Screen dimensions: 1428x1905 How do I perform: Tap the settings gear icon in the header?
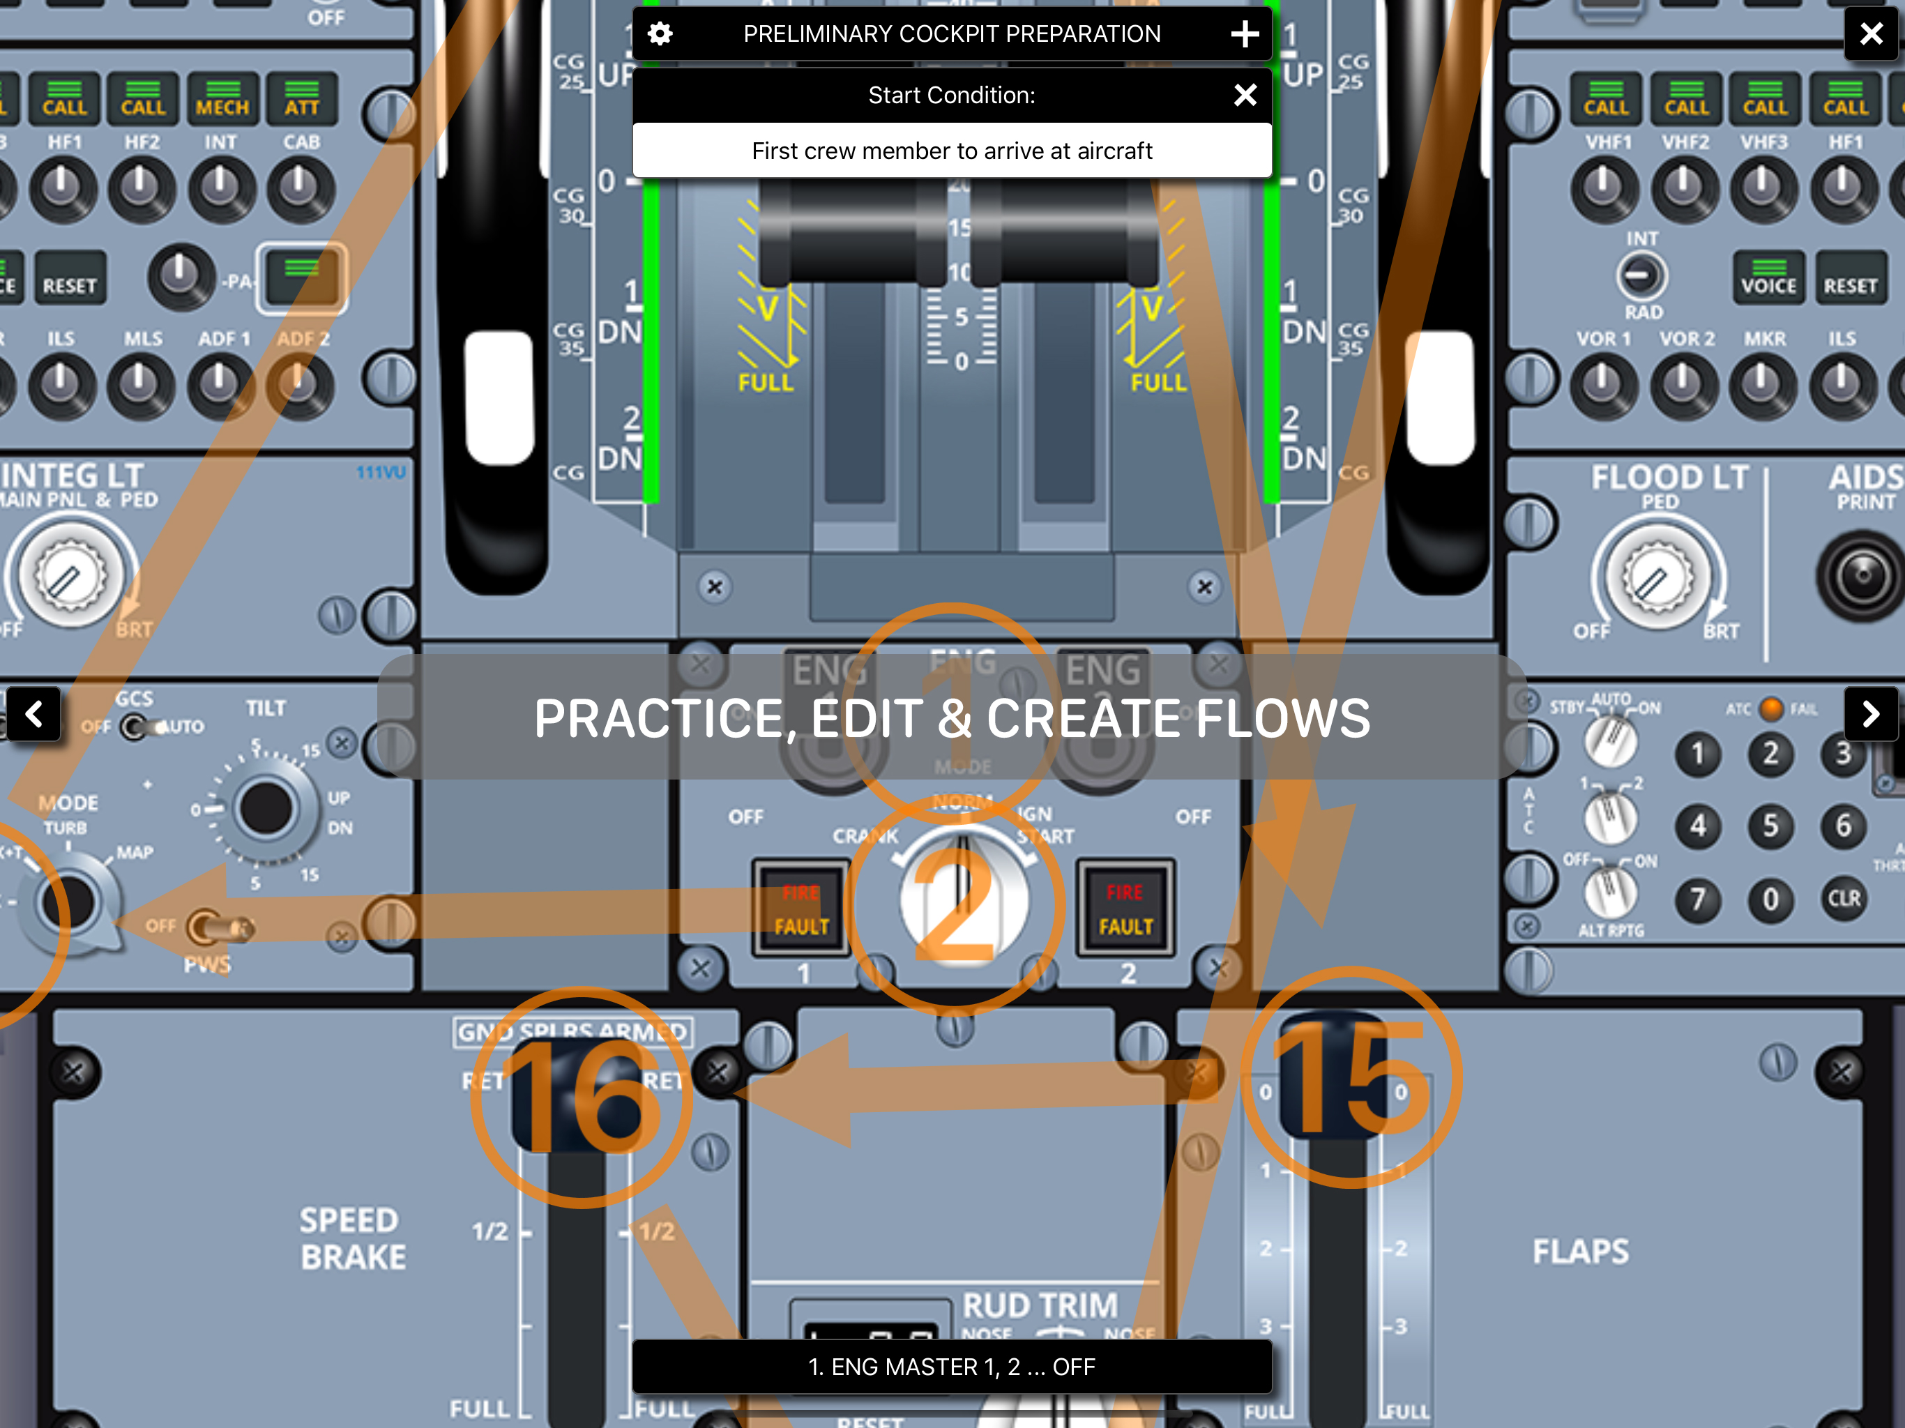coord(660,33)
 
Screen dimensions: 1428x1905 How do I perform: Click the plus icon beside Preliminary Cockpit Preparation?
coord(1245,33)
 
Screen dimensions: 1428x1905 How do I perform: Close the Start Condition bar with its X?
coord(1245,95)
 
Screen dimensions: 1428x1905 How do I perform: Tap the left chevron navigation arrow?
coord(33,713)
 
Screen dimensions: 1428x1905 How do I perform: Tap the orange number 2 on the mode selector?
coord(956,904)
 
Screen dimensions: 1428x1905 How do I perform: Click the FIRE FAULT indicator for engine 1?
coord(801,909)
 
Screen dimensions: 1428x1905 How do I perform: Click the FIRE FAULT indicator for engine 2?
coord(1125,909)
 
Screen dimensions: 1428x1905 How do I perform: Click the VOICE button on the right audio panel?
coord(1769,278)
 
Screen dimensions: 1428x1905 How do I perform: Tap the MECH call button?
coord(222,98)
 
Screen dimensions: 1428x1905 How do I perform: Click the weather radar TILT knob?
coord(265,808)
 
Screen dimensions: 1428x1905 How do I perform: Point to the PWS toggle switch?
coord(215,927)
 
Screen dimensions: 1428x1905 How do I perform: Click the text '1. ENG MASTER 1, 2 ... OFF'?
coord(952,1367)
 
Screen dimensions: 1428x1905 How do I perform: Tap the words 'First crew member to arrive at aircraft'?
coord(952,151)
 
